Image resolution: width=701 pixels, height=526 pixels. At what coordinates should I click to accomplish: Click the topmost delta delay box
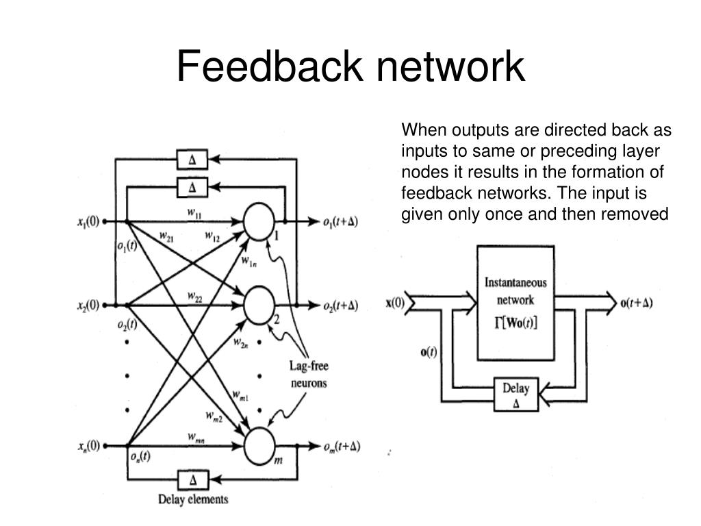(x=192, y=160)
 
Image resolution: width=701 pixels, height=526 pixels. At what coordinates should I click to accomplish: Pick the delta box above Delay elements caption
(x=192, y=479)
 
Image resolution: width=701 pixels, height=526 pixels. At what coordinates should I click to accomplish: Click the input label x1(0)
(x=87, y=222)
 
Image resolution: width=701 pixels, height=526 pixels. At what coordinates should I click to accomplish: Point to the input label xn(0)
(x=87, y=447)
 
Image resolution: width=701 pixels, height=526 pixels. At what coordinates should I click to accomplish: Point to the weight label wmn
(x=196, y=437)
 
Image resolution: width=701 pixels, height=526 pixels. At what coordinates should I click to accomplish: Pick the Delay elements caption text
(x=193, y=499)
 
